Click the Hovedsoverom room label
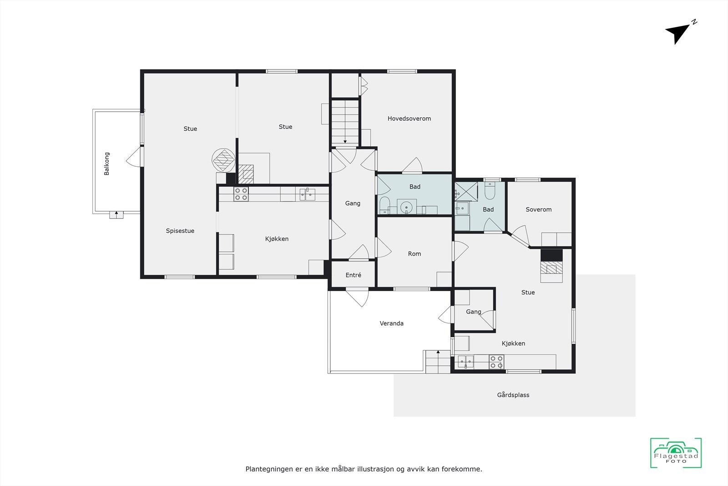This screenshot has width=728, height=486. coord(409,118)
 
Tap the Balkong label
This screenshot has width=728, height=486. coord(107,164)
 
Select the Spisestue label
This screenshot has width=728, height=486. coord(180,231)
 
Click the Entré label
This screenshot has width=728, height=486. coord(354,275)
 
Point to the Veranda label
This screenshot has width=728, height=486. coord(392,323)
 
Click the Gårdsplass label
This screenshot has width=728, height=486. coord(513,395)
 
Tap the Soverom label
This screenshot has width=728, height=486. coord(539,210)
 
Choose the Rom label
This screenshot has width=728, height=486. coord(415,254)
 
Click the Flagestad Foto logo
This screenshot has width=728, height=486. coord(676,453)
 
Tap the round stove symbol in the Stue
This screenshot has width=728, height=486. coord(223,160)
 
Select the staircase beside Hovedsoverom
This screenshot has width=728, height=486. coord(345,122)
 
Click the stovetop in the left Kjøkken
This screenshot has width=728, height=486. coord(241,194)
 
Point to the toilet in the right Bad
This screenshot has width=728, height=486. coord(490,191)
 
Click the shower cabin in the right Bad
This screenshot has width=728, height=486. coord(466,192)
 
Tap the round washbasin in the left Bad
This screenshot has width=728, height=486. coord(406,207)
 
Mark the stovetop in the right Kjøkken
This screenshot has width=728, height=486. coord(496,362)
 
